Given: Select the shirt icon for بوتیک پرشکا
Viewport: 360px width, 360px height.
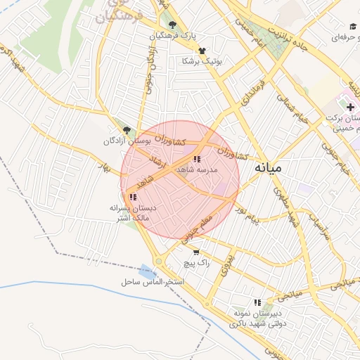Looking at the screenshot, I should [x=202, y=51].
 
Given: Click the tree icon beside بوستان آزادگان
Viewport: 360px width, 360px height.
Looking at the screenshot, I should [x=127, y=130].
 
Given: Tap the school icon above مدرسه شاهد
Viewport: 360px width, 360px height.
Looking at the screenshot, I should [x=196, y=159].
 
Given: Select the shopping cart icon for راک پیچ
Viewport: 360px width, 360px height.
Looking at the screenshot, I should [x=195, y=252].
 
